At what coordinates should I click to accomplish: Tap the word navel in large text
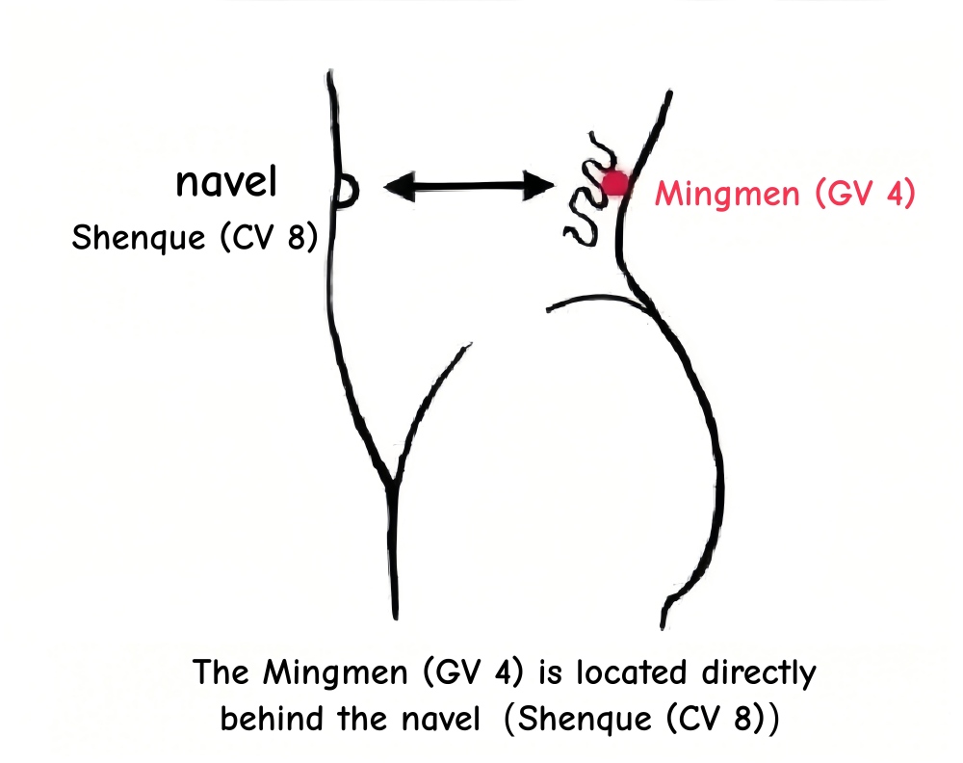pyautogui.click(x=228, y=182)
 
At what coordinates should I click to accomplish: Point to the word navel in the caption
pyautogui.click(x=438, y=719)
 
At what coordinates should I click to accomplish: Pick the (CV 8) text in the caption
pyautogui.click(x=703, y=719)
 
